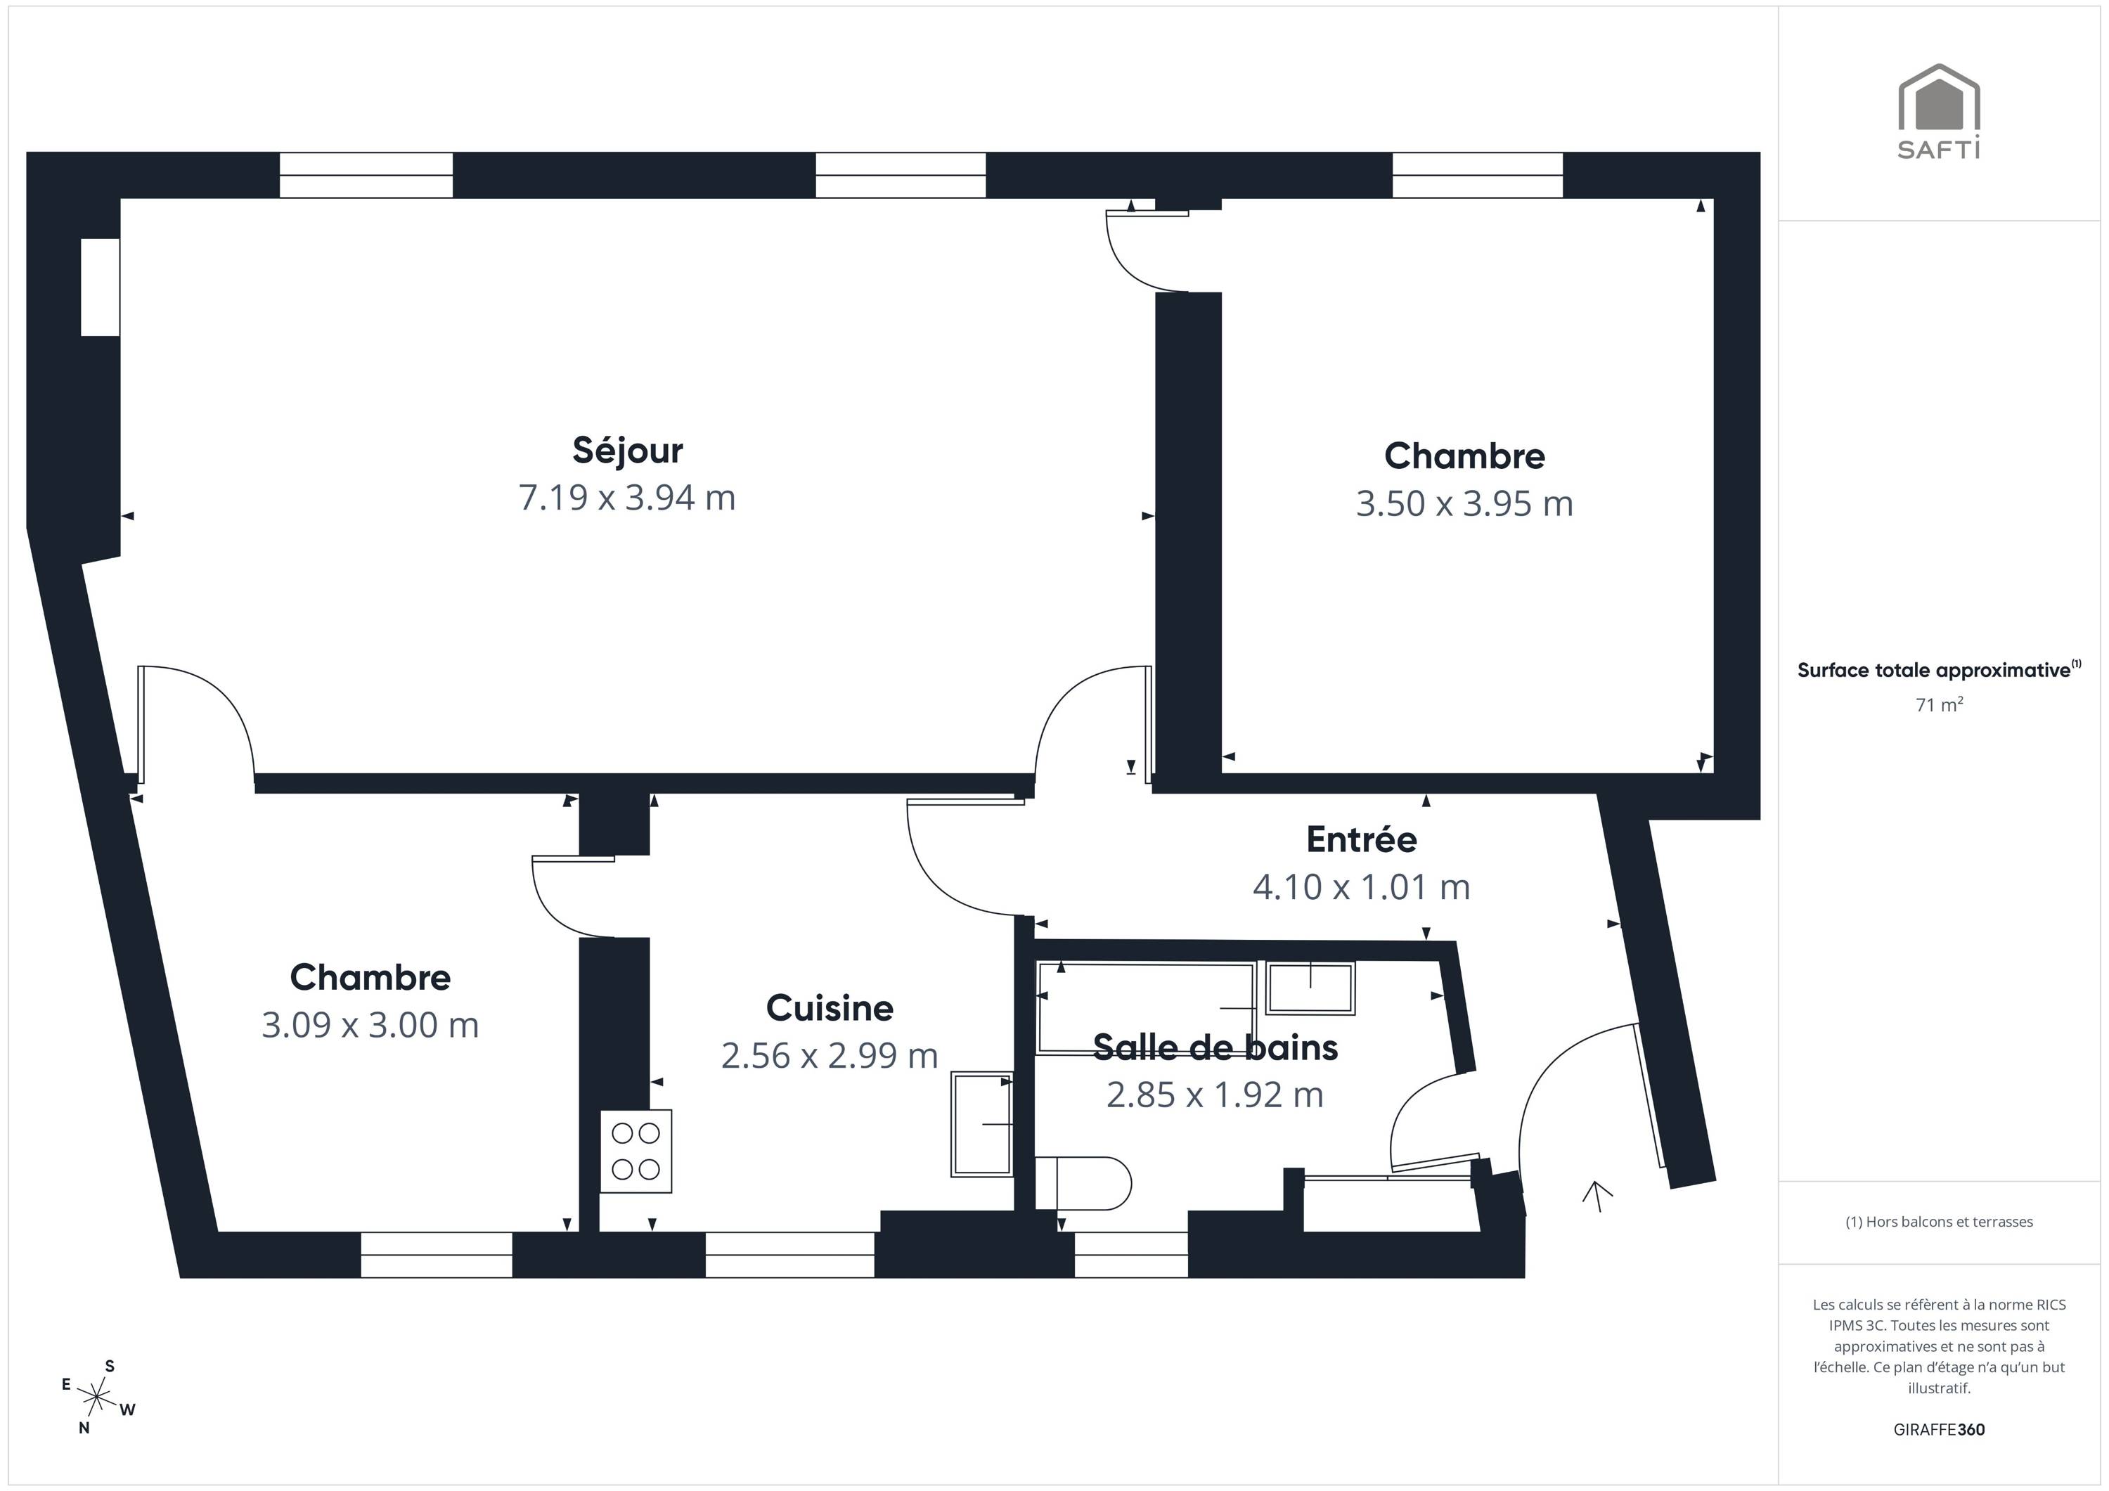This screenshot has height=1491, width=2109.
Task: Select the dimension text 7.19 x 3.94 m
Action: pos(627,498)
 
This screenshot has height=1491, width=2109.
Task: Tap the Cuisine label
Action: pos(830,1009)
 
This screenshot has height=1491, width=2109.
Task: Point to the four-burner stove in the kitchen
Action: pos(636,1151)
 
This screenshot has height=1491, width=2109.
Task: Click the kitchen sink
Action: pos(982,1123)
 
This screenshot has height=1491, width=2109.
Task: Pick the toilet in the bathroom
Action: pos(1083,1183)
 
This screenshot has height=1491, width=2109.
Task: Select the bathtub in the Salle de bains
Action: pos(1145,1008)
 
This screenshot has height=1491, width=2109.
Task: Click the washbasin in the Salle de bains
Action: pos(1310,988)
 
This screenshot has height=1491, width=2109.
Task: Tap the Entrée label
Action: pos(1361,839)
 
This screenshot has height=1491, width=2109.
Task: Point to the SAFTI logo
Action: pos(1939,111)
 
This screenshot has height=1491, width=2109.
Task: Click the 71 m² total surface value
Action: pos(1939,704)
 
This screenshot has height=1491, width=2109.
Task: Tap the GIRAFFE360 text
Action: pos(1939,1429)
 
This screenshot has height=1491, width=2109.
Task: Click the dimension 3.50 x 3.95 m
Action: pos(1464,504)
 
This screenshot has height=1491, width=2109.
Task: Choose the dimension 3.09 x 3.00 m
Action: pos(370,1025)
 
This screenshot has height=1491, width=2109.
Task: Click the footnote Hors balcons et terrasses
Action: pos(1939,1222)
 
